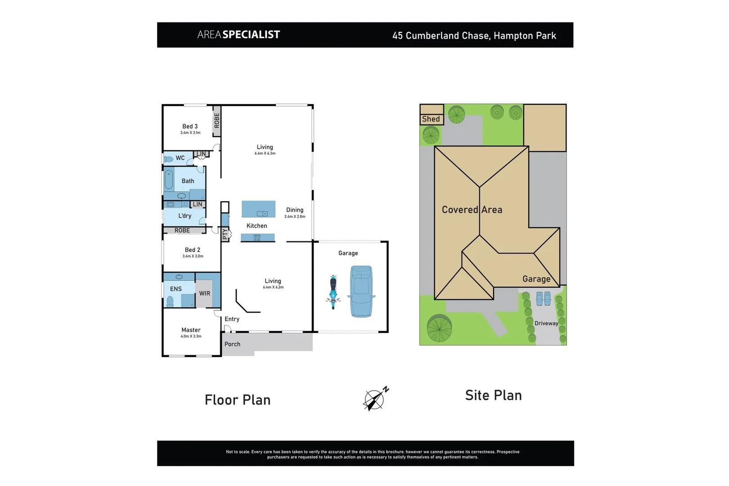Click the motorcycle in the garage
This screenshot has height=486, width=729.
tap(333, 292)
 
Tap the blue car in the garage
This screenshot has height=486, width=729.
tap(361, 291)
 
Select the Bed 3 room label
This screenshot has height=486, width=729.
tap(190, 126)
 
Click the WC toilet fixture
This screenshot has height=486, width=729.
tap(169, 159)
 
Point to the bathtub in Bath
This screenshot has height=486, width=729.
tap(169, 180)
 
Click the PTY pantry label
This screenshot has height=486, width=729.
tap(225, 234)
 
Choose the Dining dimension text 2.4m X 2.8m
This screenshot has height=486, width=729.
tap(295, 216)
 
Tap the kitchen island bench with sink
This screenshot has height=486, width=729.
tap(258, 209)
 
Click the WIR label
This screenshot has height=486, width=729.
tap(205, 293)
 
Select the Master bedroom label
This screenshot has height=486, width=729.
tap(191, 330)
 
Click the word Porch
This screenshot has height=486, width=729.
tap(232, 344)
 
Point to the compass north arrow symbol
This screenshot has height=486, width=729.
tap(375, 398)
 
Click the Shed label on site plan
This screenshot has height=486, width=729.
tap(431, 119)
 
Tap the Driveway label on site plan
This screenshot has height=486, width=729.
tap(546, 323)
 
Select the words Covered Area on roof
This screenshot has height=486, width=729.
tap(472, 210)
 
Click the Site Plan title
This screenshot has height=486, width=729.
tap(493, 395)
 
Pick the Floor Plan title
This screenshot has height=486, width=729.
tap(238, 400)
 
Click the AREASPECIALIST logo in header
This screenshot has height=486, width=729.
tap(238, 35)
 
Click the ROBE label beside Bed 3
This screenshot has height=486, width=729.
tap(217, 121)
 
